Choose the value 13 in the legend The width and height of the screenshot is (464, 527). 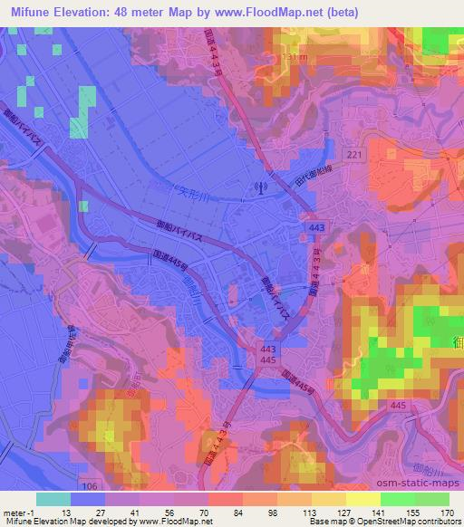(x=70, y=511)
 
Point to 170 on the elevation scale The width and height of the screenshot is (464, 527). (x=448, y=511)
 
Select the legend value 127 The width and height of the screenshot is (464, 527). (x=344, y=511)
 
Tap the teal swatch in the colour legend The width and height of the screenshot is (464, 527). (x=53, y=499)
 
